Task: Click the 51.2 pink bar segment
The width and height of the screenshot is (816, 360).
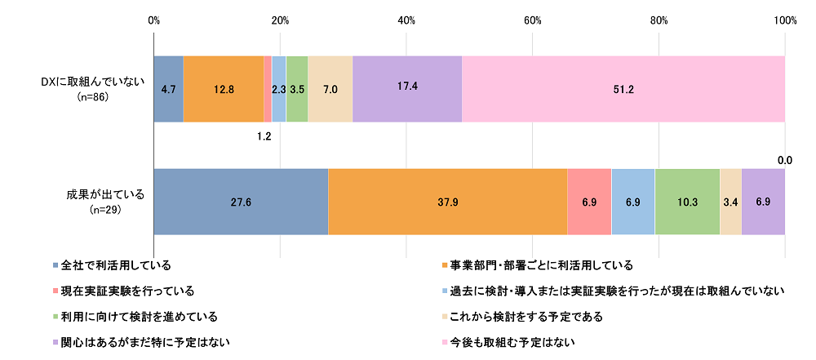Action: [x=623, y=89]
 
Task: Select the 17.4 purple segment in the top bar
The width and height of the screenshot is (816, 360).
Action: [x=407, y=89]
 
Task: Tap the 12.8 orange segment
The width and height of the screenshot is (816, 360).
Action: [x=224, y=89]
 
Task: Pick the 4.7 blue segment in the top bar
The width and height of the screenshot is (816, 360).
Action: [x=169, y=89]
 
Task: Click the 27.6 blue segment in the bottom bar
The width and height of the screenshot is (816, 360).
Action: [x=241, y=202]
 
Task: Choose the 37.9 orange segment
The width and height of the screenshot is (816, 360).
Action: [x=447, y=202]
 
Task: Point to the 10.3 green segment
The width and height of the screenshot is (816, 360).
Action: [x=687, y=202]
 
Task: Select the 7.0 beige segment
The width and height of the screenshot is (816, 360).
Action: [x=330, y=89]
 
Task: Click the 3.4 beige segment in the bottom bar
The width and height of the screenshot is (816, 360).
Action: [x=730, y=202]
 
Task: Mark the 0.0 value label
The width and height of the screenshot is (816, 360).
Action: [x=784, y=162]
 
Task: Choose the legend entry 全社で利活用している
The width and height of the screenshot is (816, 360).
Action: [x=116, y=265]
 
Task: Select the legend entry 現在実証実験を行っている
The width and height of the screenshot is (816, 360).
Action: [x=126, y=291]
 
